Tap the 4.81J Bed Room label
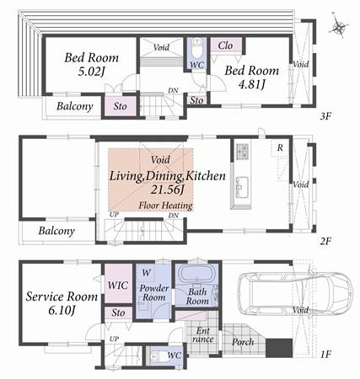[x=244, y=78]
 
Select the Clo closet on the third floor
[x=225, y=45]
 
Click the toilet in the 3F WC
[x=196, y=46]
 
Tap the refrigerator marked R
[x=279, y=148]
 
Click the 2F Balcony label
[x=56, y=231]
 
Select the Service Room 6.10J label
[x=57, y=304]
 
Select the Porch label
[x=243, y=342]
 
